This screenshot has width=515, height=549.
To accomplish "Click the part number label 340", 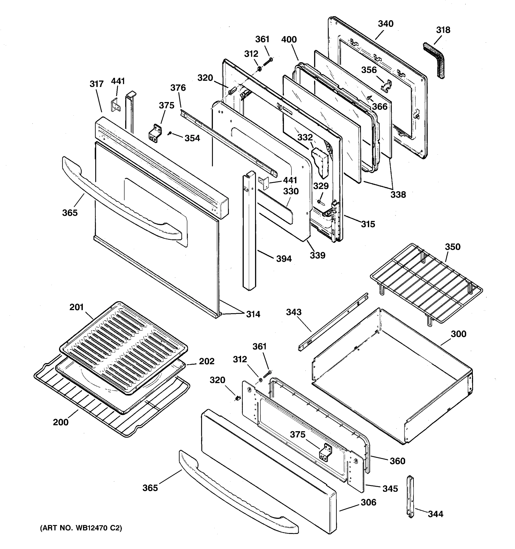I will tap(385, 24).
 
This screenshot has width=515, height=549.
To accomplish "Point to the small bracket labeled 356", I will tap(387, 85).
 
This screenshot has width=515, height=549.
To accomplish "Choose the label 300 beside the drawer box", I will tap(458, 334).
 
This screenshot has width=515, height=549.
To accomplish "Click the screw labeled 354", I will tap(170, 134).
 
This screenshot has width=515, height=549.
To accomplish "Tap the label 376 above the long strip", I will tap(178, 88).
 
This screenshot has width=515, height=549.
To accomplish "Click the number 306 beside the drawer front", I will tap(368, 502).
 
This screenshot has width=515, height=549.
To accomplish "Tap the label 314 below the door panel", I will tap(253, 314).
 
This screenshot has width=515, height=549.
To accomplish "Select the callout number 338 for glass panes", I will tap(398, 194).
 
